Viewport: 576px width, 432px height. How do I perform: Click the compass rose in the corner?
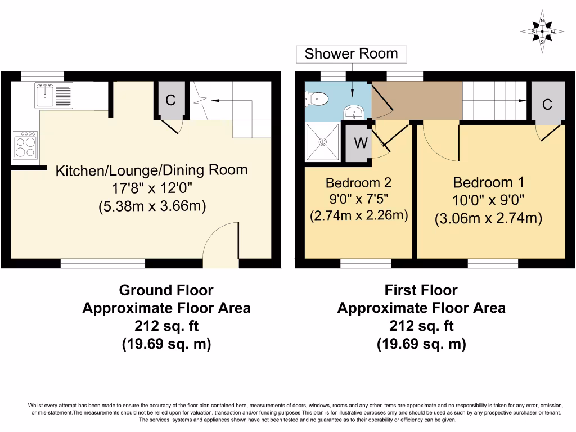pos(542,31)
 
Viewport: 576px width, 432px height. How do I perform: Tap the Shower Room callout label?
pos(351,54)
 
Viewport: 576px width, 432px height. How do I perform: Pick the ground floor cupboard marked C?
pos(170,101)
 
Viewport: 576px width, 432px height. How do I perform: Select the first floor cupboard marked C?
pos(547,103)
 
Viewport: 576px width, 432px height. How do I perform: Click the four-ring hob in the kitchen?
pos(25,146)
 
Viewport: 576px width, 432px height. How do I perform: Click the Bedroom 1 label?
pos(488,182)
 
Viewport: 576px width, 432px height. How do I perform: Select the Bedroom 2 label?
pos(358,182)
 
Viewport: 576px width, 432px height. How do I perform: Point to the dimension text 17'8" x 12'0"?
pos(151,188)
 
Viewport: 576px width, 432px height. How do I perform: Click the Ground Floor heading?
pos(166,290)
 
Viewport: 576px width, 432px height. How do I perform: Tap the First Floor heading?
pos(421,290)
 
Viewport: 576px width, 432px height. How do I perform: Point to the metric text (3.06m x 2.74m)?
pos(488,218)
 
